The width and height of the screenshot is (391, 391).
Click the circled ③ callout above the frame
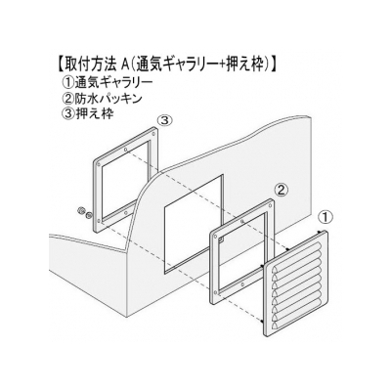point(164,120)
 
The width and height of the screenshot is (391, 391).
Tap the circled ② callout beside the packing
point(281,189)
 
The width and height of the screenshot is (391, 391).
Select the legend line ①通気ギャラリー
point(107,82)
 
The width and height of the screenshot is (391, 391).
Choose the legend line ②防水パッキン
point(102,98)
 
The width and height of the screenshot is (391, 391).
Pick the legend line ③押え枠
point(87,114)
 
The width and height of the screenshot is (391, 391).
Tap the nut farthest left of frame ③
point(79,211)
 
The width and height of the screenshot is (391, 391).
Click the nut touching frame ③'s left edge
point(88,215)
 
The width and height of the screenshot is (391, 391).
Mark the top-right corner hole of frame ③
point(153,134)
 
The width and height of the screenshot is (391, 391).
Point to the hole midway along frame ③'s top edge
point(125,150)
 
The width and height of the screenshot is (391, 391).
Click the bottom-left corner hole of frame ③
point(99,220)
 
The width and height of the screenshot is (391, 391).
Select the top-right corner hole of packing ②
point(270,206)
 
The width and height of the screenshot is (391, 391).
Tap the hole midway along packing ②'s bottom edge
point(242,284)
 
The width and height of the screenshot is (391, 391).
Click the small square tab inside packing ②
point(221,240)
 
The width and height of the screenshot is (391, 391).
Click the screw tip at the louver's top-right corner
point(320,233)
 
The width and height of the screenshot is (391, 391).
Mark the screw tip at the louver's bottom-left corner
point(262,323)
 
